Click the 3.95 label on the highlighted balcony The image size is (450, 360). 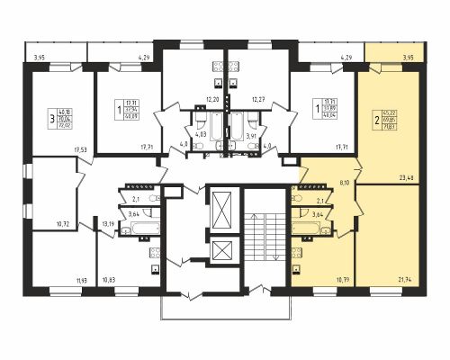(409, 58)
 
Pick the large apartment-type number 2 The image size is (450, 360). (376, 117)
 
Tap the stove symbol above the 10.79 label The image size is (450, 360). (311, 247)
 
